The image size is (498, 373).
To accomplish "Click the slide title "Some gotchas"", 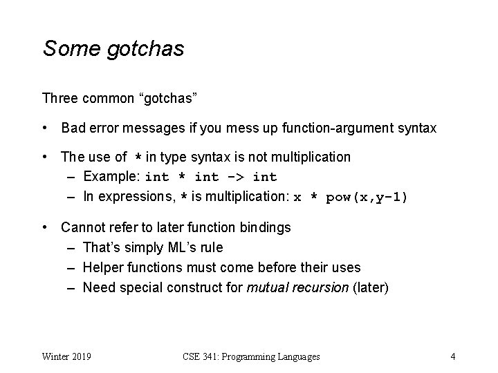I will click(x=113, y=49).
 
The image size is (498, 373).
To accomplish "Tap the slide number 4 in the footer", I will click(x=452, y=357).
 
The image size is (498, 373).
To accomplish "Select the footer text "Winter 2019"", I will click(x=68, y=357).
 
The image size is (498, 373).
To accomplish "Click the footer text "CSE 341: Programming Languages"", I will click(x=251, y=357).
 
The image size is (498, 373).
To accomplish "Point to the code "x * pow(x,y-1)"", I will click(x=351, y=197).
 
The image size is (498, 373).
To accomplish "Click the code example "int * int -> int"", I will click(x=211, y=178).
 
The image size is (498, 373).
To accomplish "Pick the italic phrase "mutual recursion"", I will click(x=297, y=287).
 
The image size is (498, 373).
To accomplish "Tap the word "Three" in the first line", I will click(x=59, y=98).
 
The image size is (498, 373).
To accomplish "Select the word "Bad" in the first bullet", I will click(x=73, y=128).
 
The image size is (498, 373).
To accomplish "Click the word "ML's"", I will click(x=183, y=247).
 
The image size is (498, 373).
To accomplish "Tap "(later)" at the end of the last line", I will click(x=370, y=287).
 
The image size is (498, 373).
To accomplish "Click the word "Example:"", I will click(x=112, y=177).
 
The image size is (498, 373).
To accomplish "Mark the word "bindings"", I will click(x=266, y=227).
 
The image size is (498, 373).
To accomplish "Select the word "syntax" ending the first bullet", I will click(x=416, y=128).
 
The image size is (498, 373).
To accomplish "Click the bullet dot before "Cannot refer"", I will click(x=44, y=227).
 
